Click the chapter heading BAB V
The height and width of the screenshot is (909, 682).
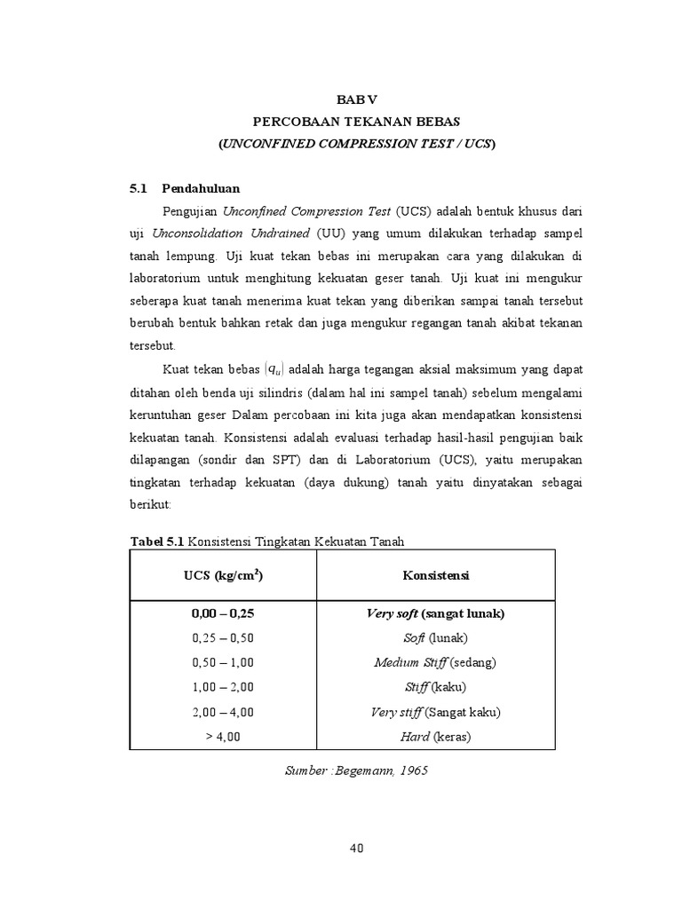click(x=356, y=101)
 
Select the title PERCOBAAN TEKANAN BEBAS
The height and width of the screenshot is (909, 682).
click(x=356, y=122)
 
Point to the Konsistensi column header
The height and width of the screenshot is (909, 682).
click(x=436, y=575)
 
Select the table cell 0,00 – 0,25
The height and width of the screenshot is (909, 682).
click(x=222, y=613)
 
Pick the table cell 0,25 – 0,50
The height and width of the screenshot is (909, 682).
click(x=222, y=638)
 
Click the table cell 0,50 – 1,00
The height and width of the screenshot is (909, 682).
click(x=222, y=663)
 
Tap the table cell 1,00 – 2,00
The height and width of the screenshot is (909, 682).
click(x=222, y=687)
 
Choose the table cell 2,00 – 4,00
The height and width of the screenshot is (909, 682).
click(x=222, y=712)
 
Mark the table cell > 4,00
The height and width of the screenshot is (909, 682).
click(x=222, y=737)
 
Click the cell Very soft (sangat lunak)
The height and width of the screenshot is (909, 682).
click(x=435, y=613)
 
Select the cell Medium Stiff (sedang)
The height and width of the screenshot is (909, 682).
click(x=435, y=663)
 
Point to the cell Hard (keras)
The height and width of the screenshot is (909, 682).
click(x=435, y=737)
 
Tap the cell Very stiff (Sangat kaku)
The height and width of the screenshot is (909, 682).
click(x=435, y=712)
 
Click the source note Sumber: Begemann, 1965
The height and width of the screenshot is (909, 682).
click(x=356, y=771)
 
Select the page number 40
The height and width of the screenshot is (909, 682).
click(x=356, y=848)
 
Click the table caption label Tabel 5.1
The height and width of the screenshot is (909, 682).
click(x=158, y=541)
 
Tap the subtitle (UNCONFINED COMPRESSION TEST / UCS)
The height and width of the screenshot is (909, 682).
click(x=356, y=143)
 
